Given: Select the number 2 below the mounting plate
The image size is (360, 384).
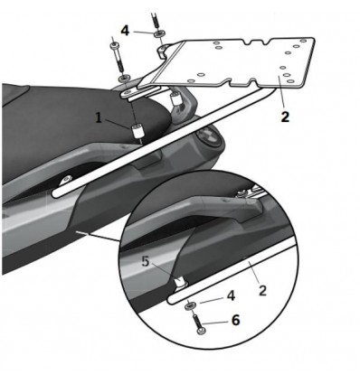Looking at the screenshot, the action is point(285,116).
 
